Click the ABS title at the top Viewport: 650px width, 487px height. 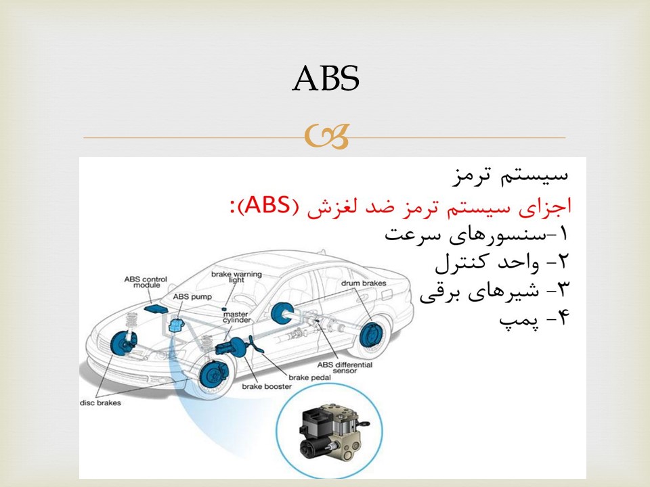coord(326,78)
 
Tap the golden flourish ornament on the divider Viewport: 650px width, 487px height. coord(326,137)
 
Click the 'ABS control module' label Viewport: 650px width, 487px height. coord(146,282)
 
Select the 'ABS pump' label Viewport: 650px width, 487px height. coord(192,296)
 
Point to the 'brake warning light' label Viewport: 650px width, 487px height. coord(236,277)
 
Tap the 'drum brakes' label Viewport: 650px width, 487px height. coord(364,283)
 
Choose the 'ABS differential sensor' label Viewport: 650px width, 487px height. coord(345,368)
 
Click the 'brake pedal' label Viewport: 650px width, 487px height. coord(309,377)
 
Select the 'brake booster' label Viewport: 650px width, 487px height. coord(267,386)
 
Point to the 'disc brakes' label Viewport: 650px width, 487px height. coord(100,402)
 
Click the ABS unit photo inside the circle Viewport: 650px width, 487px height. coord(332,432)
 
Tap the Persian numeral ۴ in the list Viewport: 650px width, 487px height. coord(563,319)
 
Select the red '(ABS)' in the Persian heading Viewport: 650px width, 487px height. coord(270,205)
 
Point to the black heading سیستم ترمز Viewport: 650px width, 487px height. coord(510,176)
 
